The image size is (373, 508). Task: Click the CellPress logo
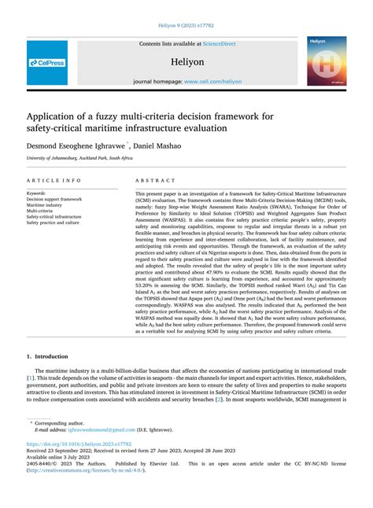click(x=46, y=62)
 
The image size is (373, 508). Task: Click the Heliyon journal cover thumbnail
click(x=326, y=61)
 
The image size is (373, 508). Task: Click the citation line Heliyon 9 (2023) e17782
click(x=186, y=23)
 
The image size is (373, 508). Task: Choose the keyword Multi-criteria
click(x=40, y=212)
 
